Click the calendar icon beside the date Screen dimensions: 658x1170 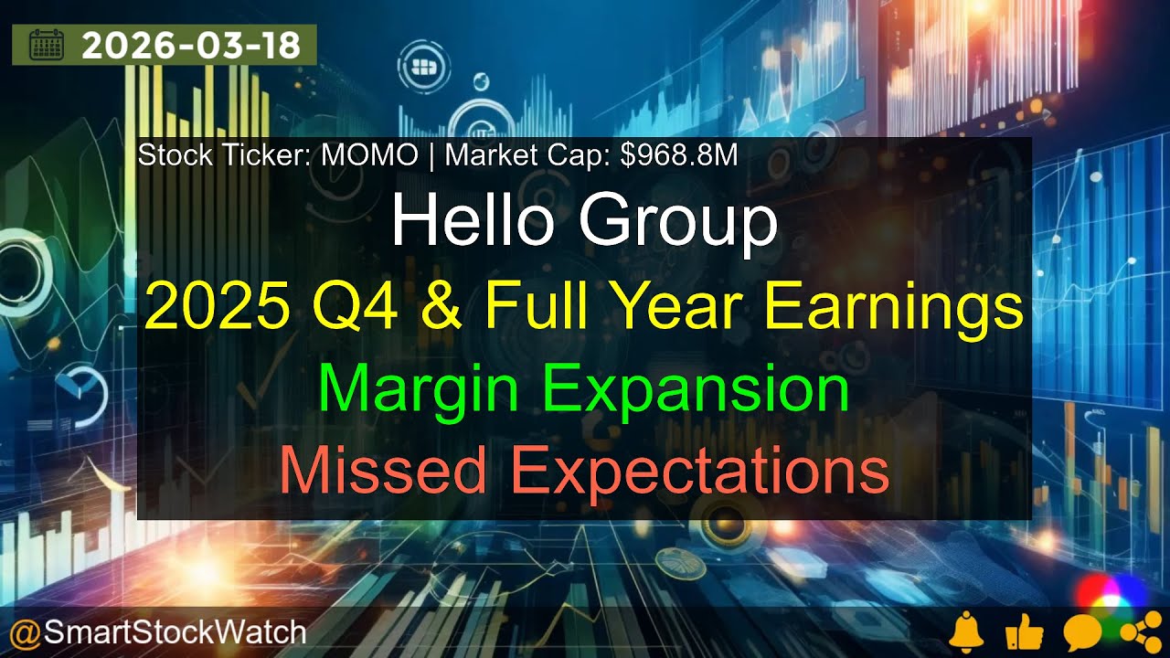47,45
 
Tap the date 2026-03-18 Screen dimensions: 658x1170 191,45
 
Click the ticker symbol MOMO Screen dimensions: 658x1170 369,155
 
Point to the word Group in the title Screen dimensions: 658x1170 678,222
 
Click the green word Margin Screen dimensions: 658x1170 423,388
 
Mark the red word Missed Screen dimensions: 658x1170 383,472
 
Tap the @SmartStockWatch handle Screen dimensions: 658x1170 157,631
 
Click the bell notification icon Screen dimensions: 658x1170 966,632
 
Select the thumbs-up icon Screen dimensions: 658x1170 1022,632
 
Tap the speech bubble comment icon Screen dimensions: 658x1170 1081,632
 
